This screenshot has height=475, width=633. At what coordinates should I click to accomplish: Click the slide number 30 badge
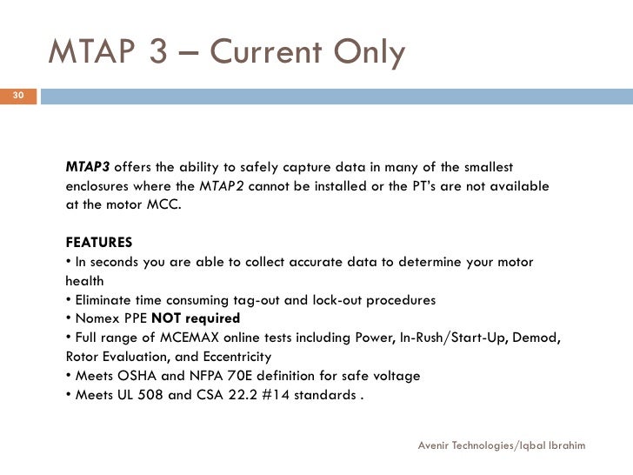pyautogui.click(x=17, y=95)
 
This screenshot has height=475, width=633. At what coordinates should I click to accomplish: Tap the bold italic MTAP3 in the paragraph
pyautogui.click(x=88, y=167)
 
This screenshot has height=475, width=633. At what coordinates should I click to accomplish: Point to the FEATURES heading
pyautogui.click(x=99, y=242)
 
